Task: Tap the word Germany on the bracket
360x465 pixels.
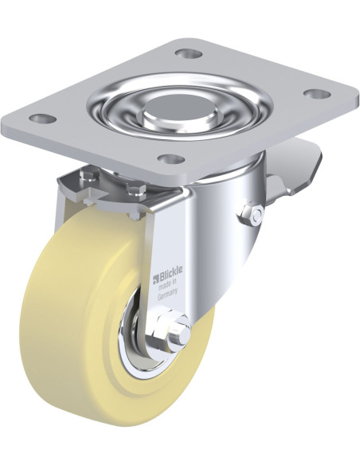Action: point(167,295)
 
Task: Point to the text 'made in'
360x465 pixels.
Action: point(168,286)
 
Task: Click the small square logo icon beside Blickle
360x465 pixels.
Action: point(155,279)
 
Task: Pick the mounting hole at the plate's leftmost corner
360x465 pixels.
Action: point(44,119)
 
